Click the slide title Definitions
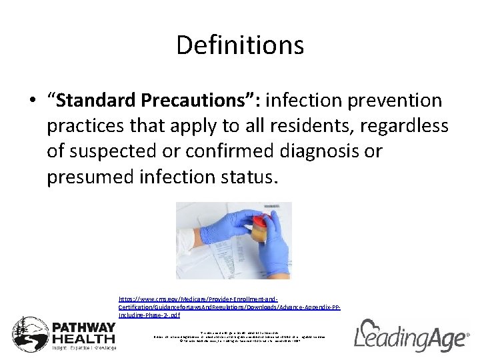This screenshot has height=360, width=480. click(240, 45)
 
